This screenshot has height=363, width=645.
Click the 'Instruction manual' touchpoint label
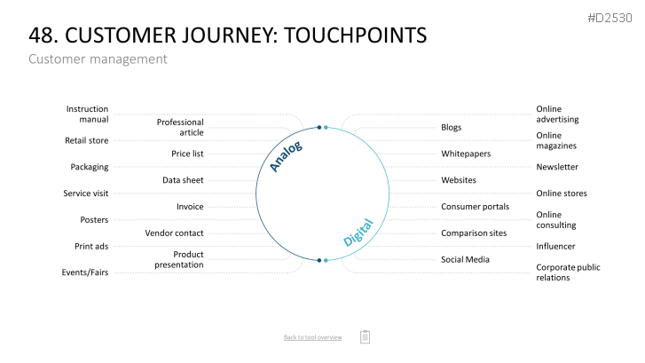coord(87,114)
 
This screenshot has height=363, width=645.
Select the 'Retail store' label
coord(86,140)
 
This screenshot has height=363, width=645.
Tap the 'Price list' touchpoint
coord(187,154)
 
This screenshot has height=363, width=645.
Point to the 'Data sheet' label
coord(183,180)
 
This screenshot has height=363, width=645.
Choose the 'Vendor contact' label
coord(174,233)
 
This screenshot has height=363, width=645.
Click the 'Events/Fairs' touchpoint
coord(85,272)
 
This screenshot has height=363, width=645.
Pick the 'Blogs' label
coord(452,127)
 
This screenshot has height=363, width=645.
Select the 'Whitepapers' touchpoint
coord(466,154)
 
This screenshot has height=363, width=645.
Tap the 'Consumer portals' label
coord(476,206)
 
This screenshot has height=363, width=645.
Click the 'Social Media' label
coord(465,259)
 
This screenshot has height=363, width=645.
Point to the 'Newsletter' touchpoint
coord(557,167)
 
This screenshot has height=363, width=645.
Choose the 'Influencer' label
coord(555,246)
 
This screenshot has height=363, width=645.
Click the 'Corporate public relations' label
coord(568,272)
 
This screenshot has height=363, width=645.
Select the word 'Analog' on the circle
coord(286,156)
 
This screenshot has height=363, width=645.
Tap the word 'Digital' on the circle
coord(358,233)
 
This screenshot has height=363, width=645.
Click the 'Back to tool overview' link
coord(312,337)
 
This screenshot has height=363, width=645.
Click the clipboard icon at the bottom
coord(365,336)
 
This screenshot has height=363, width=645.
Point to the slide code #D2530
coord(610,18)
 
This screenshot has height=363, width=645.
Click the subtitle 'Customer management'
coord(98,59)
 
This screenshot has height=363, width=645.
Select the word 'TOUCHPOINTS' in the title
coord(356,35)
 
